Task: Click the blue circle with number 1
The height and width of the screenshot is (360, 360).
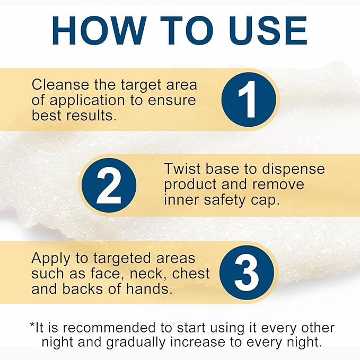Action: (x=249, y=100)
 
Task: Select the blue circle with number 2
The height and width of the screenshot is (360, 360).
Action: (x=109, y=185)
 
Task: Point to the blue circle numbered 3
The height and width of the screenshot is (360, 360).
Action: (x=247, y=273)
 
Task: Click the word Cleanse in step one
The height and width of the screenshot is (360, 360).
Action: (x=60, y=84)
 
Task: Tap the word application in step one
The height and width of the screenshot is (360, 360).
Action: (x=87, y=101)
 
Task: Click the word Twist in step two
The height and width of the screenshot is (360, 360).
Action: (x=182, y=169)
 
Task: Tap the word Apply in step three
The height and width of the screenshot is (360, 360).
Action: (x=51, y=259)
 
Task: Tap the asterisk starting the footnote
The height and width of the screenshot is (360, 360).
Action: (x=32, y=325)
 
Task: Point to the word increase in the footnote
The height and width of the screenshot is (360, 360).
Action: (x=198, y=343)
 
